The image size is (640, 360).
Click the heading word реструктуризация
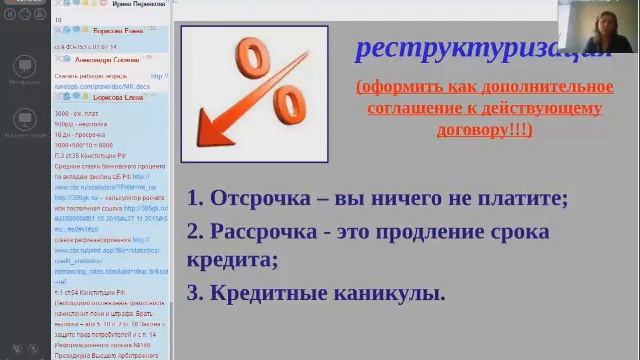(470, 48)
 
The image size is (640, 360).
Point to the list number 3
(195, 293)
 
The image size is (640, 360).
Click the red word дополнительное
(542, 86)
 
